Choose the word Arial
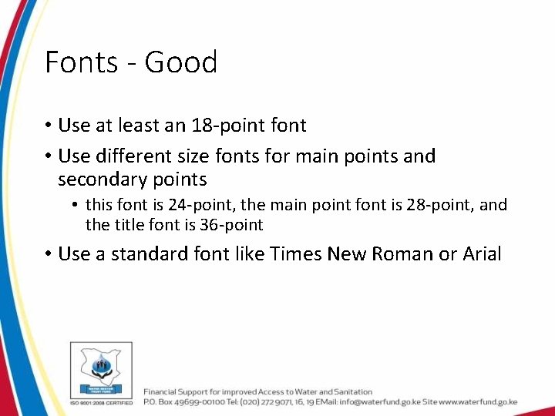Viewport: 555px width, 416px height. tap(481, 254)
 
